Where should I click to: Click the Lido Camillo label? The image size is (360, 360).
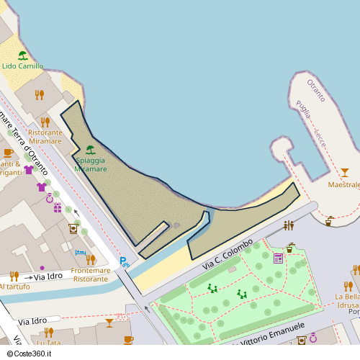click(22, 66)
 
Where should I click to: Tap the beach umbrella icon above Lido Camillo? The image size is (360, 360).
click(22, 55)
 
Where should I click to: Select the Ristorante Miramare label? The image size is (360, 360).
click(45, 137)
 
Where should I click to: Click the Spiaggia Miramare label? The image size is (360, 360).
click(90, 165)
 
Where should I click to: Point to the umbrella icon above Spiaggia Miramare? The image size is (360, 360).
click(91, 150)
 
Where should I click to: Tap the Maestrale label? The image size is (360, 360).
click(343, 185)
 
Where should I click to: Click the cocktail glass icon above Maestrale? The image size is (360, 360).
click(344, 172)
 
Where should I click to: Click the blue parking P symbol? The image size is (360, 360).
click(123, 261)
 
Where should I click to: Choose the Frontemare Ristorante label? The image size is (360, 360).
click(91, 274)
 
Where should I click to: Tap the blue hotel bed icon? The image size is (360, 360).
click(79, 253)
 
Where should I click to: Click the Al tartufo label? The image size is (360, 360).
click(14, 286)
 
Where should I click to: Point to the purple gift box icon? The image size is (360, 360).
click(57, 207)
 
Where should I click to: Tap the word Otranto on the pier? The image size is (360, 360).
click(316, 91)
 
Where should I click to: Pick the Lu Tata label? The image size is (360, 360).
click(48, 343)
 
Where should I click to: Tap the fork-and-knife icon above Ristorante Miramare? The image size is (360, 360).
click(45, 122)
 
